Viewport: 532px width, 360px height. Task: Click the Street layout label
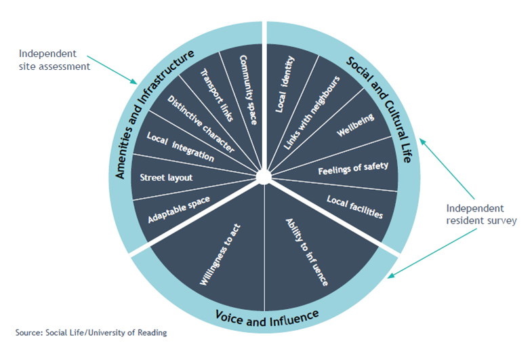click(x=166, y=178)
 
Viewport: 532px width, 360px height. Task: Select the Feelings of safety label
click(x=353, y=167)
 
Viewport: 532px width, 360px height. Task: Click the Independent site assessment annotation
click(x=54, y=60)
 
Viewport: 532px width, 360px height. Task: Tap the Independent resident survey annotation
click(x=480, y=215)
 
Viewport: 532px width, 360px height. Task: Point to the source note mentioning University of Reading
click(x=91, y=332)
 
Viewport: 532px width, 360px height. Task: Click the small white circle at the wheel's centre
click(x=264, y=177)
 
